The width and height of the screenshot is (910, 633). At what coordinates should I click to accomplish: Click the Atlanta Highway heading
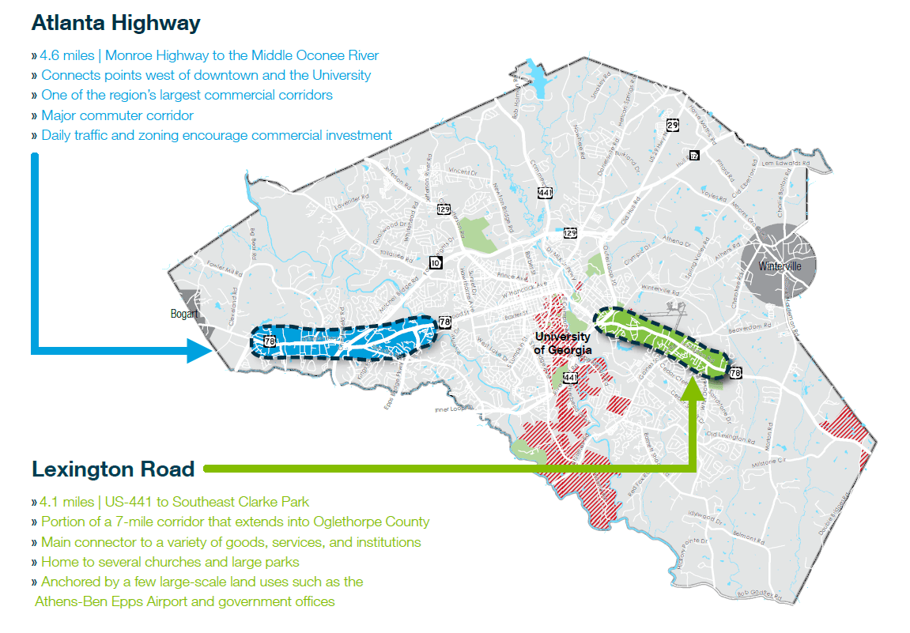(115, 23)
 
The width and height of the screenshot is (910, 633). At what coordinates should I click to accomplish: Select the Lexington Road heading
(113, 469)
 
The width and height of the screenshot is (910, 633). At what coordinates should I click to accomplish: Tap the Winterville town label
(780, 266)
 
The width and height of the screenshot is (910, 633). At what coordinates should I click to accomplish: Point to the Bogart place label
(183, 314)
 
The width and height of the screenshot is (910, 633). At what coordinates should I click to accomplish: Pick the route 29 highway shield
(673, 125)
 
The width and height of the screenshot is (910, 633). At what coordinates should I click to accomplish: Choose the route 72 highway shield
(693, 155)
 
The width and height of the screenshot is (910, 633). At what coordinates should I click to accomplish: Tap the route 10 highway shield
(436, 262)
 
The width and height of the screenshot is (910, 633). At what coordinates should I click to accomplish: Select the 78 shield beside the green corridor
(735, 372)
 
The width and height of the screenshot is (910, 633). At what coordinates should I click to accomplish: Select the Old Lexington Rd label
(727, 435)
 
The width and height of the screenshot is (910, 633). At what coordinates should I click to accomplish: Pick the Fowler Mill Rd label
(222, 271)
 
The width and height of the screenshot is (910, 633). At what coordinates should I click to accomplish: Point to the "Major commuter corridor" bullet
(117, 115)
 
